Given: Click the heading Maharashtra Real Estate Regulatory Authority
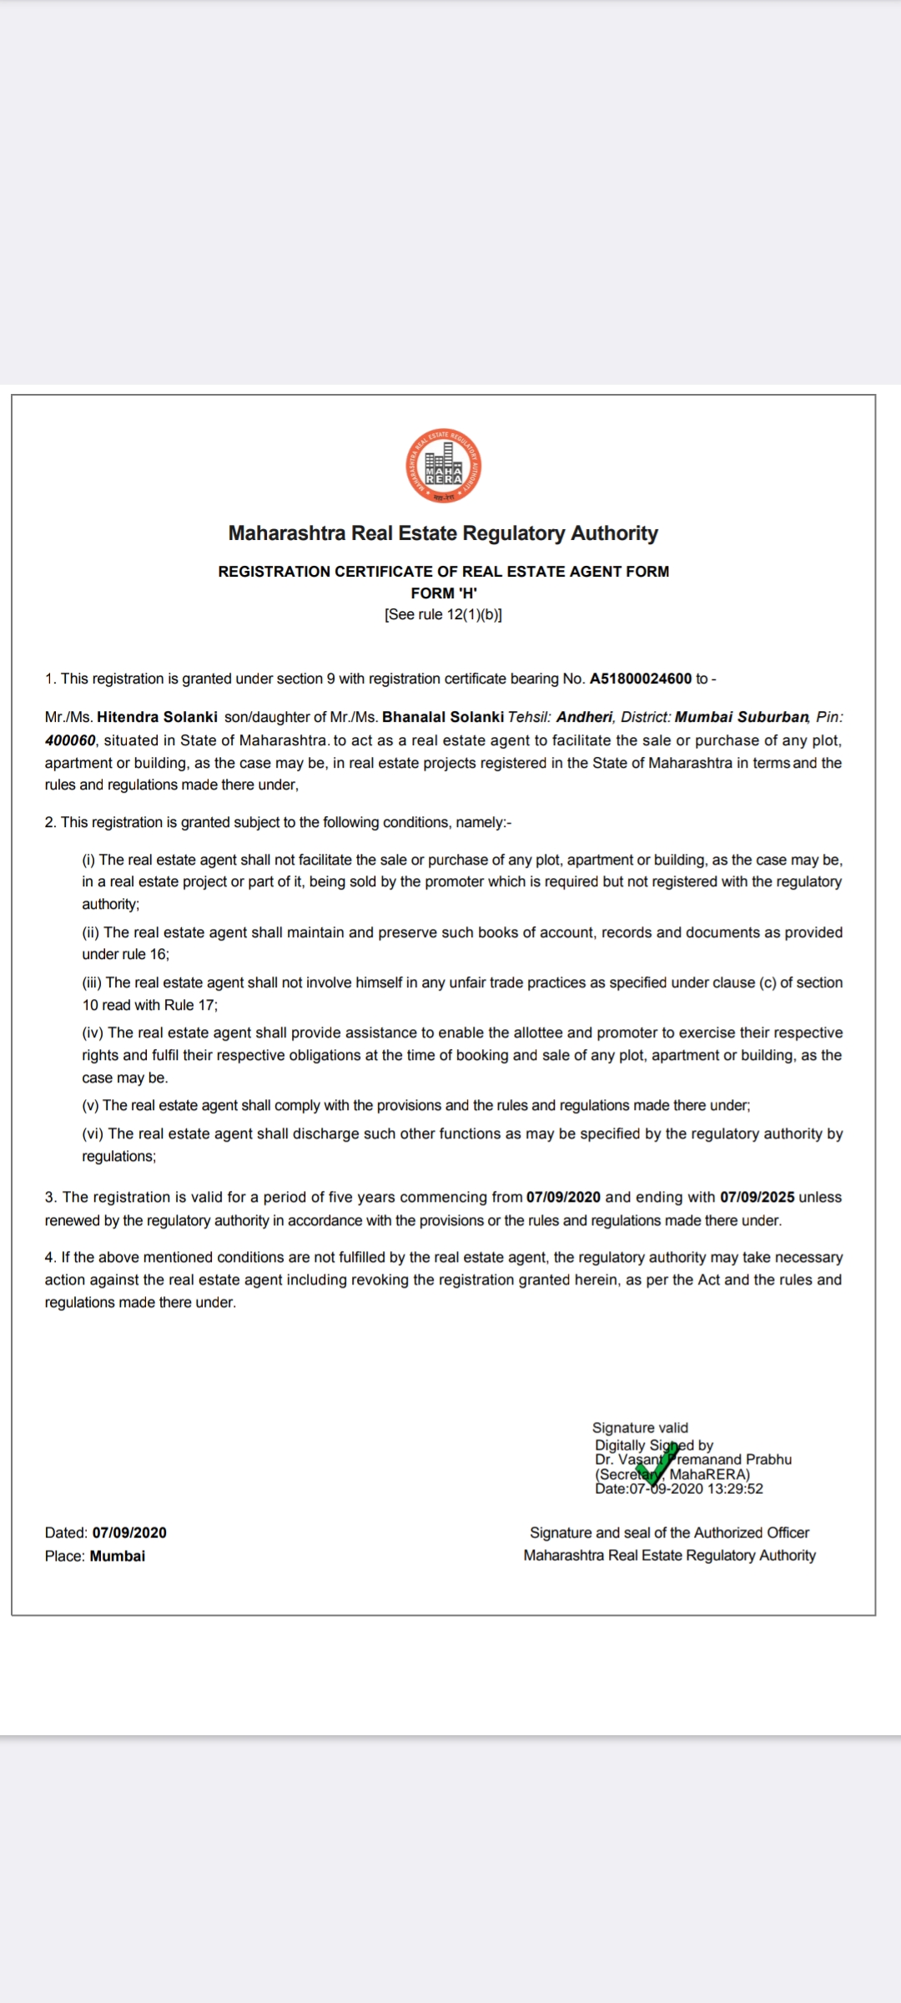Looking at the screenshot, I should click(443, 533).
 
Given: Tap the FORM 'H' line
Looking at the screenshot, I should click(443, 593).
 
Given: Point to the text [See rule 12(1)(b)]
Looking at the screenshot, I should click(443, 615).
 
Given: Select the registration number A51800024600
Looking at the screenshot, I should click(641, 679).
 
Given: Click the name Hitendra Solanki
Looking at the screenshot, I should click(157, 717).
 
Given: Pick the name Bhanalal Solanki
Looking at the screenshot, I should click(443, 717).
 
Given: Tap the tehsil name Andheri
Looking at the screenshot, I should click(584, 717).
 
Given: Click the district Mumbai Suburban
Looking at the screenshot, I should click(742, 717).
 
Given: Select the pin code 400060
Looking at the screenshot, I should click(70, 740).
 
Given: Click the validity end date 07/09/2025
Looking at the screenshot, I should click(758, 1197).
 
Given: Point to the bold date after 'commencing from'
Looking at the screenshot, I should click(563, 1197).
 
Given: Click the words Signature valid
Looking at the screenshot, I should click(640, 1428).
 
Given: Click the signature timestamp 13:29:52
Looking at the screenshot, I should click(735, 1489).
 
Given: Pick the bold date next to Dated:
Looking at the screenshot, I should click(129, 1533).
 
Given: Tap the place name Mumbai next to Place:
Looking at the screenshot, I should click(118, 1556).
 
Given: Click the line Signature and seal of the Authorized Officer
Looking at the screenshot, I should click(669, 1533).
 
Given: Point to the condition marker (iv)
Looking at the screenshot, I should click(93, 1033).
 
